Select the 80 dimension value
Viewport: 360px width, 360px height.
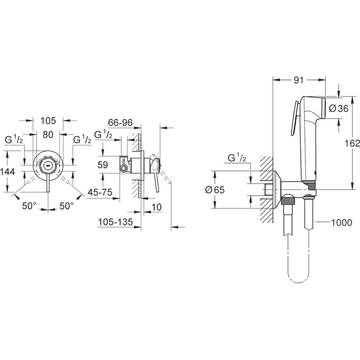tap(48, 135)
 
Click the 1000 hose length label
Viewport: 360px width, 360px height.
tap(341, 222)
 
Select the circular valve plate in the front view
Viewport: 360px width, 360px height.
tap(48, 165)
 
